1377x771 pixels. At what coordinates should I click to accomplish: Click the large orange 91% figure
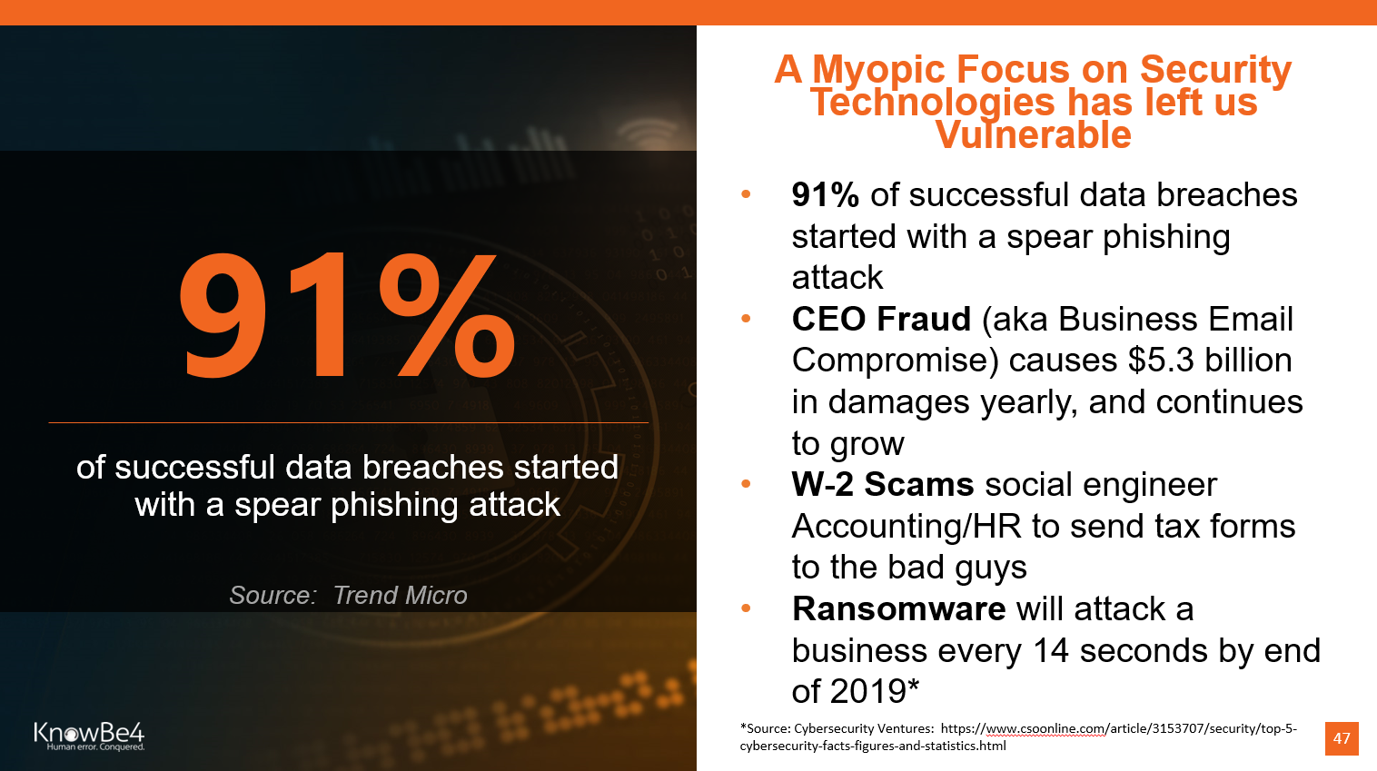click(347, 314)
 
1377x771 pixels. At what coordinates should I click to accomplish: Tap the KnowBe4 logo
click(90, 736)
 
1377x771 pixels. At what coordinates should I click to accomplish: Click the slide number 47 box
click(1342, 737)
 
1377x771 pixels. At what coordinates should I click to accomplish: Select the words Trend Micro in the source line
click(401, 595)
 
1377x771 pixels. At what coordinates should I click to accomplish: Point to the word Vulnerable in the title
click(1034, 134)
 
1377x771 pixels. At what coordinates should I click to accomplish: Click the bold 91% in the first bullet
click(825, 195)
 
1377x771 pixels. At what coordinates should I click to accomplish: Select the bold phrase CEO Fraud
click(881, 319)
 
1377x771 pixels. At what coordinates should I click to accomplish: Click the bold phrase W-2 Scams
click(883, 485)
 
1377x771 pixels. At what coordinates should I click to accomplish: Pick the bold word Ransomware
click(898, 608)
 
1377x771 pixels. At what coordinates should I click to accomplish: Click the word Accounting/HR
click(906, 527)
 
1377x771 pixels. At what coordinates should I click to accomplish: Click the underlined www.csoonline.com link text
click(1045, 728)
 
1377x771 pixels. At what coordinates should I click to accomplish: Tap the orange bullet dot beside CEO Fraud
click(747, 319)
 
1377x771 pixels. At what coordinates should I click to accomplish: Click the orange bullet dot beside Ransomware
click(747, 608)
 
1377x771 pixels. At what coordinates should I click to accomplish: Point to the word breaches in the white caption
click(432, 467)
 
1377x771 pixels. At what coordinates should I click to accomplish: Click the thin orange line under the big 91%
click(349, 423)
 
